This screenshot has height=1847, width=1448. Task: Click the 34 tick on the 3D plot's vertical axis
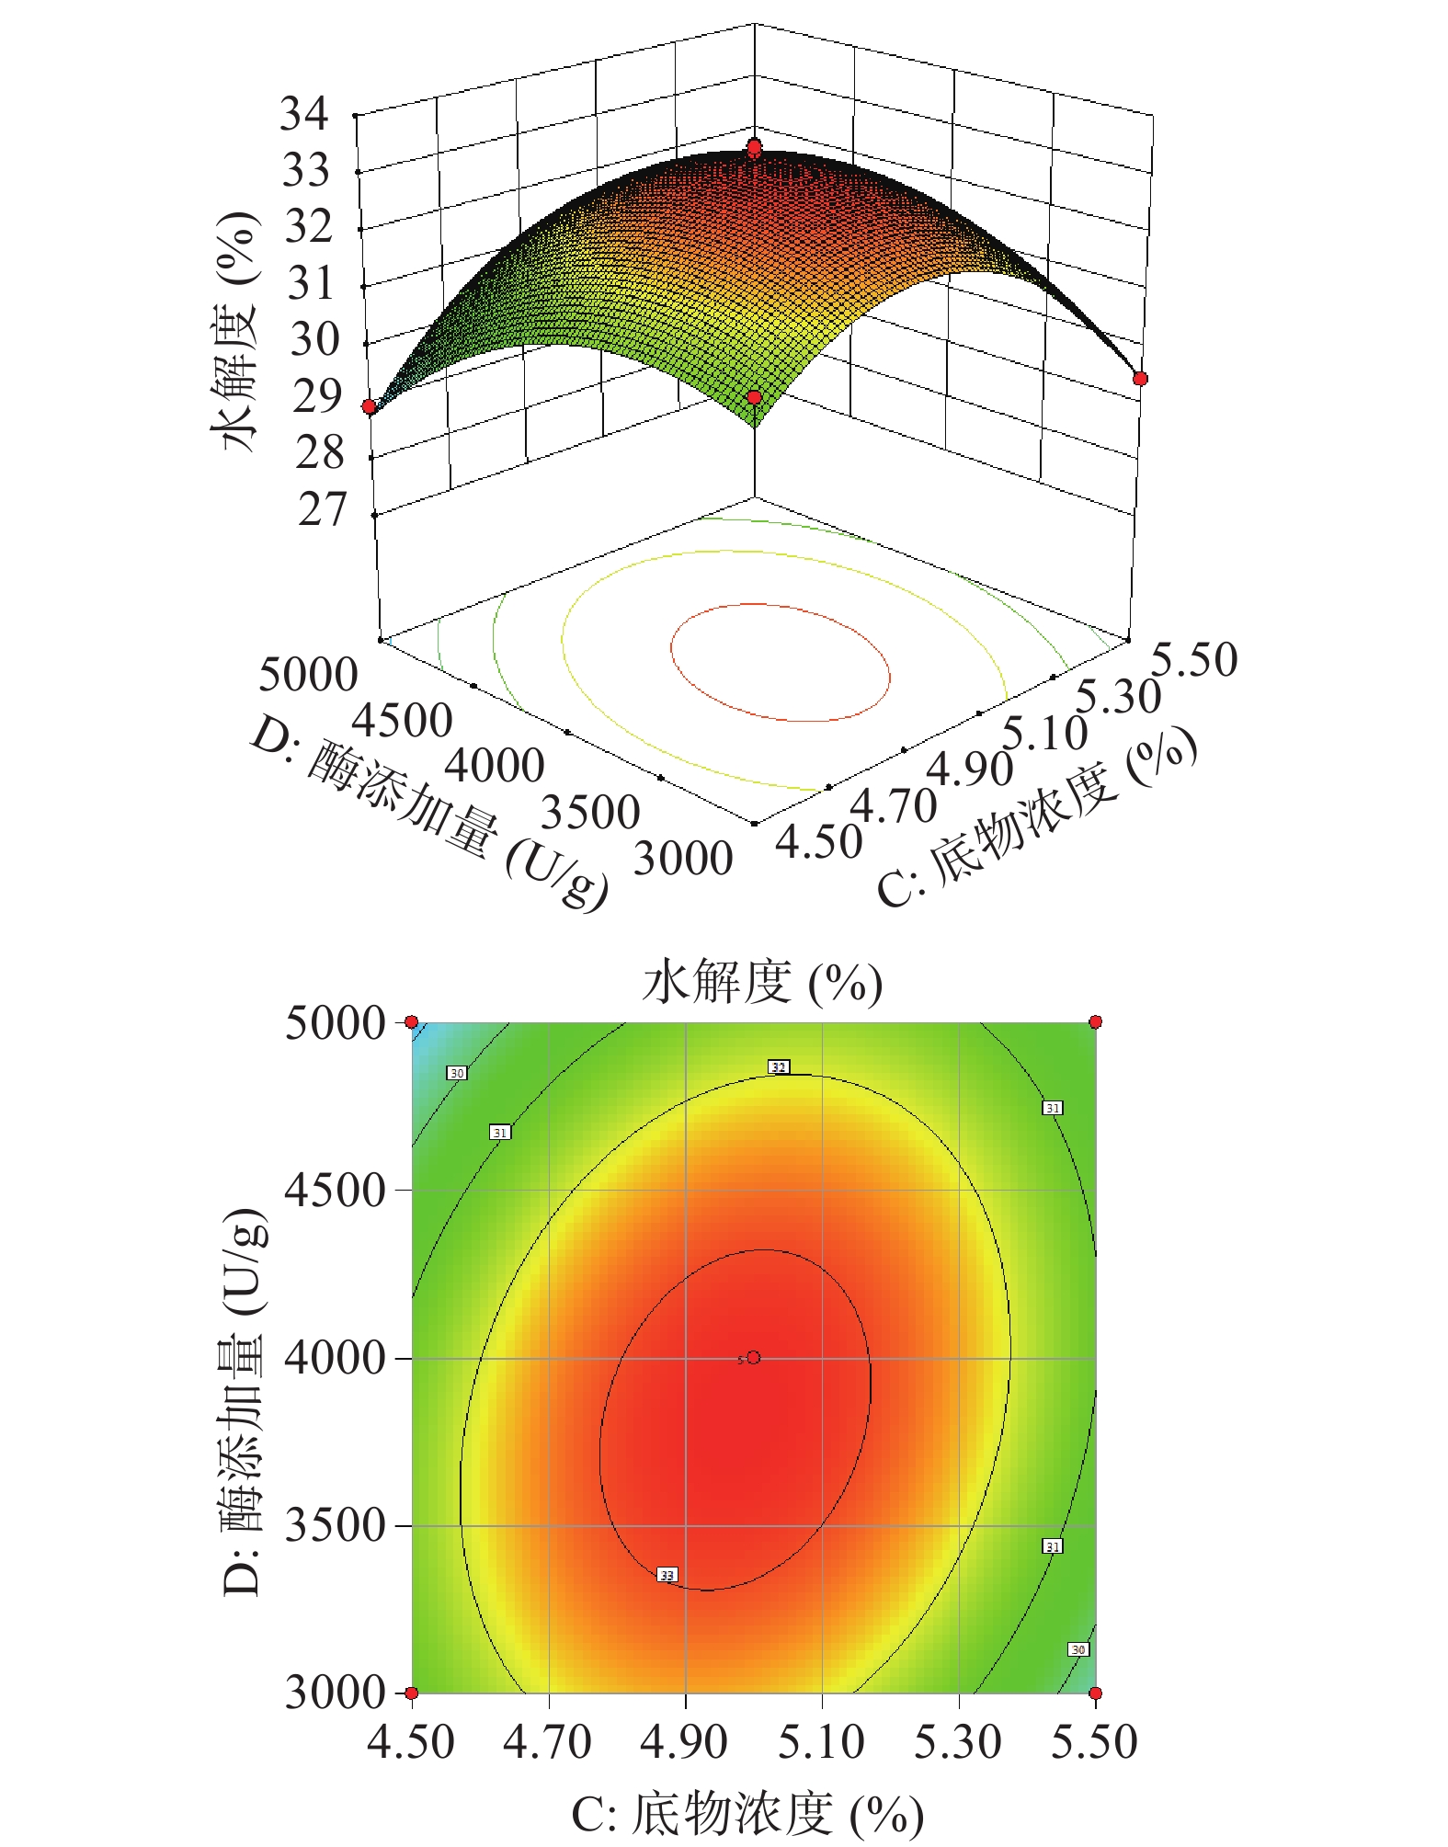pyautogui.click(x=304, y=114)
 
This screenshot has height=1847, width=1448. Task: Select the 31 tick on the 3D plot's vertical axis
pyautogui.click(x=310, y=283)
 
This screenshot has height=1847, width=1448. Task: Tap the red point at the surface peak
pyautogui.click(x=754, y=147)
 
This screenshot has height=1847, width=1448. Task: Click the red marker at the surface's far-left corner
pyautogui.click(x=369, y=406)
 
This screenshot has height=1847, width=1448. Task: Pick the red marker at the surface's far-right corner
pyautogui.click(x=1140, y=379)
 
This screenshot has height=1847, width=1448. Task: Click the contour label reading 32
pyautogui.click(x=779, y=1067)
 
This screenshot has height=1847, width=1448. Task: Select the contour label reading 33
pyautogui.click(x=667, y=1575)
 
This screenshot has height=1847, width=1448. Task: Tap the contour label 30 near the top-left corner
pyautogui.click(x=457, y=1073)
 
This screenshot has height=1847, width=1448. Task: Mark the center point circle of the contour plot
pyautogui.click(x=754, y=1357)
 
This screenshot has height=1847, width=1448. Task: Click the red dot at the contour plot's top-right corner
pyautogui.click(x=1095, y=1021)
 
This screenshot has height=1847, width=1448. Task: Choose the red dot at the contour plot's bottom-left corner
pyautogui.click(x=412, y=1693)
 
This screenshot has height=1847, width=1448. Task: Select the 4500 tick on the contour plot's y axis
pyautogui.click(x=335, y=1190)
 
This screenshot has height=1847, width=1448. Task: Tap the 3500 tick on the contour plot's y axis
pyautogui.click(x=335, y=1525)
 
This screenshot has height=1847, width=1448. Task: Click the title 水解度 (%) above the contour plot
pyautogui.click(x=761, y=982)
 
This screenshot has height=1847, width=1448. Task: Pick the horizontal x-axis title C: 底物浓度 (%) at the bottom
pyautogui.click(x=747, y=1814)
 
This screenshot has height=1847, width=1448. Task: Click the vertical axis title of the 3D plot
pyautogui.click(x=237, y=331)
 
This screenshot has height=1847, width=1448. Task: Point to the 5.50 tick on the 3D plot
pyautogui.click(x=1194, y=659)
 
